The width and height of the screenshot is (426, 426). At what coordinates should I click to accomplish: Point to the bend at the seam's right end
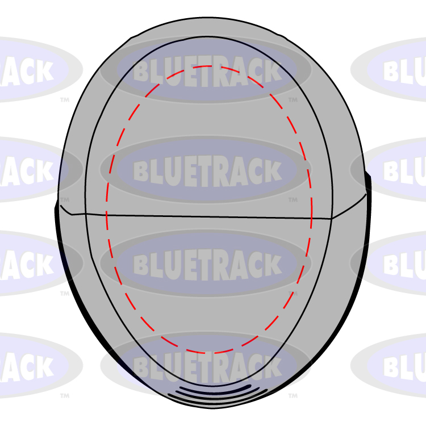[x=332, y=218]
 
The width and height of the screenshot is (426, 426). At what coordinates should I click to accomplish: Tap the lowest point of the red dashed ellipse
[x=209, y=353]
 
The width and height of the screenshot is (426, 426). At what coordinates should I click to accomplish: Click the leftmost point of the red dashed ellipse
[x=106, y=210]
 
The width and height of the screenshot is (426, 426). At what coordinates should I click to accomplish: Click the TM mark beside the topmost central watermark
[x=293, y=100]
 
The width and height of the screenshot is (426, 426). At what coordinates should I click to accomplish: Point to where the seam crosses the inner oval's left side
[x=86, y=214]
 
